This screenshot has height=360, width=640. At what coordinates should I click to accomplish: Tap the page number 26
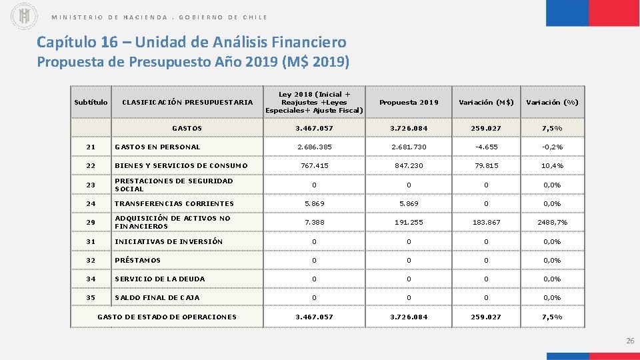point(630,341)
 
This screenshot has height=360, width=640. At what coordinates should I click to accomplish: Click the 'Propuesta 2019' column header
point(409,103)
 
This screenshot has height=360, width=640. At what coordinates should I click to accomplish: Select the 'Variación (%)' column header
point(552,103)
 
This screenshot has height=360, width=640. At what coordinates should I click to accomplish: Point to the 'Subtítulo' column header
point(91,103)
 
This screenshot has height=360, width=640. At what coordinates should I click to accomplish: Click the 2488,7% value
point(552,222)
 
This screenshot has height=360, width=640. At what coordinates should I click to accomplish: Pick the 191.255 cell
point(409,222)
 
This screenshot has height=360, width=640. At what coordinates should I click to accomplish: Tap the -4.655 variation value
point(486,147)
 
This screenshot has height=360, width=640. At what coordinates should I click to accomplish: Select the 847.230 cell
point(409,166)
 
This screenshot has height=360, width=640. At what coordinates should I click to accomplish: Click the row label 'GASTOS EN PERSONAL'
point(157,147)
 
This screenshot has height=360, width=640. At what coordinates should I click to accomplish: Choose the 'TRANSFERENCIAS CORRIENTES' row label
point(174,204)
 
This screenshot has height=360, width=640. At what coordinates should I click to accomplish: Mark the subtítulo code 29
point(91,222)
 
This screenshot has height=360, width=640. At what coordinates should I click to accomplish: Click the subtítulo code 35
point(91,298)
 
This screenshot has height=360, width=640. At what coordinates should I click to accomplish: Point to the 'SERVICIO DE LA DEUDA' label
point(160,279)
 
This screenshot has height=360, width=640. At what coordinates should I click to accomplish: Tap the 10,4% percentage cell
point(552,166)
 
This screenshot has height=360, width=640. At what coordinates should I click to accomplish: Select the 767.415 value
point(314,166)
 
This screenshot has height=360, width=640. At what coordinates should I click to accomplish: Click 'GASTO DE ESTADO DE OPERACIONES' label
point(167,317)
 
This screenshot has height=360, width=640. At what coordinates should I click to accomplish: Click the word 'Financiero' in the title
point(309,43)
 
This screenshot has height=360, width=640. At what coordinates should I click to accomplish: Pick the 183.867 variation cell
point(486,222)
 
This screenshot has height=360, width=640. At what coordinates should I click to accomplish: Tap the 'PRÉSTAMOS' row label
point(138,261)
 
